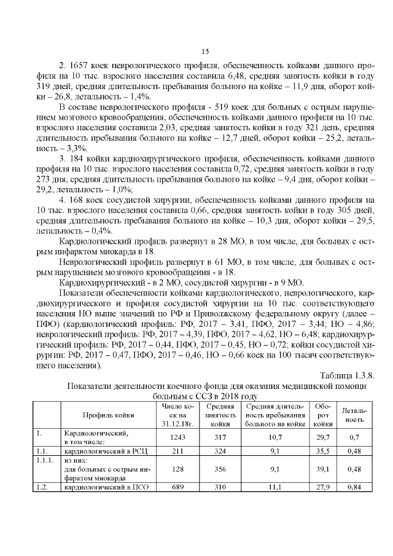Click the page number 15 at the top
[206, 51]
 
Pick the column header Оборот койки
[322, 415]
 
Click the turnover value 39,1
[322, 469]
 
